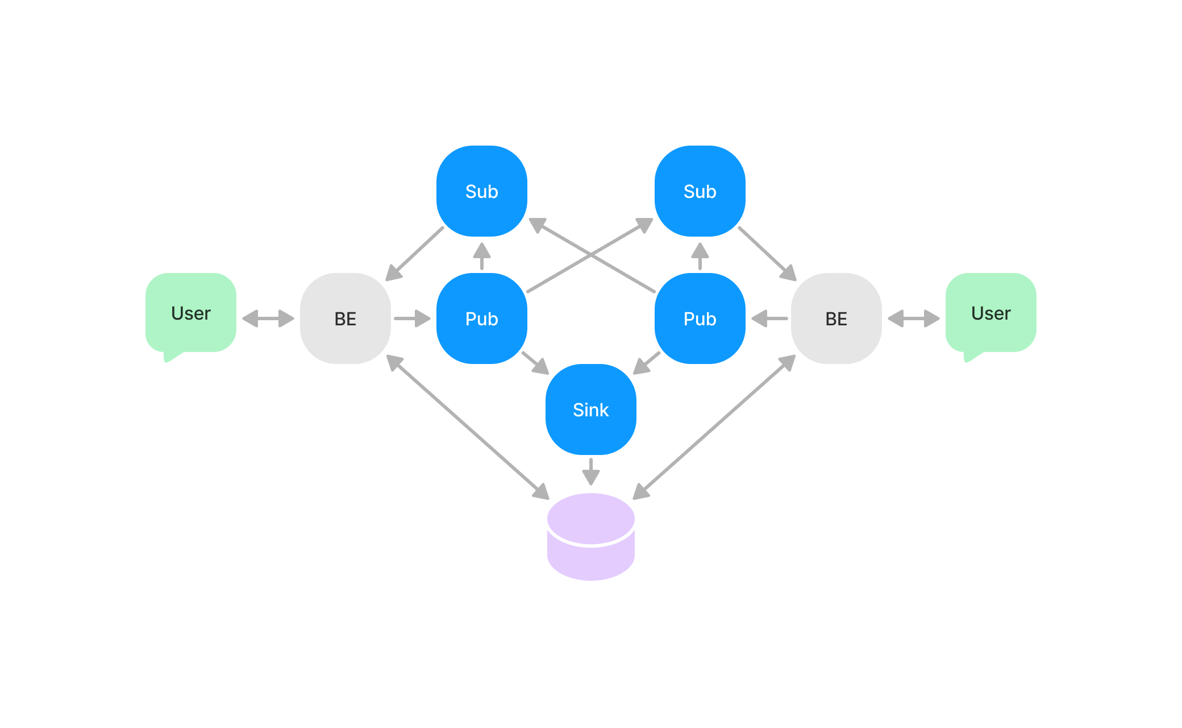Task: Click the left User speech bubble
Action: [191, 313]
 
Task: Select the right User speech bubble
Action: [990, 313]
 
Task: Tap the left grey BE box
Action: [345, 318]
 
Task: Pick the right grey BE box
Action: [836, 318]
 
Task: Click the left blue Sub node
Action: [481, 191]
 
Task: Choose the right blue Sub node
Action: [700, 191]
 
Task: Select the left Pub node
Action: [481, 318]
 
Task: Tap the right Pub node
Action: [700, 318]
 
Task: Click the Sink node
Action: [590, 409]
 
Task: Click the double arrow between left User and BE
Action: [268, 318]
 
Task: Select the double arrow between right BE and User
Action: [913, 318]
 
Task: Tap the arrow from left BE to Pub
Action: [413, 318]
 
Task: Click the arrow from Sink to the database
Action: [590, 471]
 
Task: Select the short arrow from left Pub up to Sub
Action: [481, 256]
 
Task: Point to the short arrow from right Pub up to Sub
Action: [700, 256]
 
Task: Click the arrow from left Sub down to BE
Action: [415, 254]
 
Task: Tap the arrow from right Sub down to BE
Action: [767, 254]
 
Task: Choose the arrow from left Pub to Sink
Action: [535, 363]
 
